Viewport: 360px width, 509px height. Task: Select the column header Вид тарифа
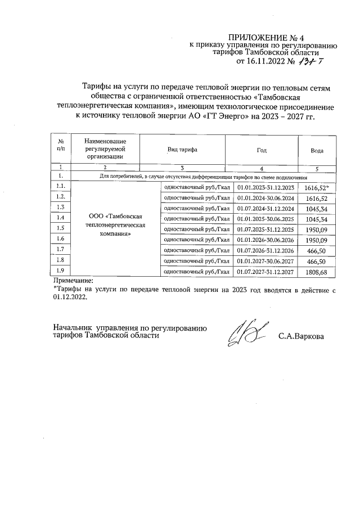182,150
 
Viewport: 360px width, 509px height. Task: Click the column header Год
262,150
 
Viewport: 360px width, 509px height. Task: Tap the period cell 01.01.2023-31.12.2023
265,187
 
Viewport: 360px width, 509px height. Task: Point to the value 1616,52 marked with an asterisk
316,187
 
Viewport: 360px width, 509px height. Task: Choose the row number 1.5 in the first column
61,228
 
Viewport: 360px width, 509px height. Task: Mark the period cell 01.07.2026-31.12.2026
265,249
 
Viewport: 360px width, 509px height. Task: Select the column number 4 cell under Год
262,168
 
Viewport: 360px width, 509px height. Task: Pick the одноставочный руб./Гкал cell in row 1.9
196,272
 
